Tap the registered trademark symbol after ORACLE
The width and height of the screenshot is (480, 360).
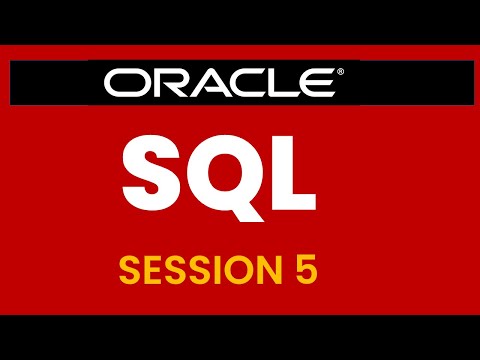coord(340,73)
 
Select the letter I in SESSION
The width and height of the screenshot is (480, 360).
coord(216,268)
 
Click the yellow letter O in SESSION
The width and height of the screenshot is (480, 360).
coord(237,268)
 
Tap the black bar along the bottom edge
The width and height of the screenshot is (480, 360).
coord(240,337)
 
